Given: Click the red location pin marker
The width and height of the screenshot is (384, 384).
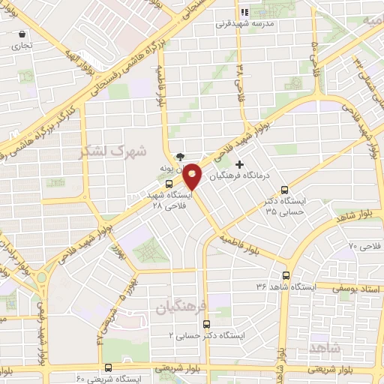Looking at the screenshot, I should pos(193,177).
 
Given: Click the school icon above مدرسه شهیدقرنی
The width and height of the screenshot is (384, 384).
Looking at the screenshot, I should pos(244,12).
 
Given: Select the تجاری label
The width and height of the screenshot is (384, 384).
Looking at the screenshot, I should pos(22,46).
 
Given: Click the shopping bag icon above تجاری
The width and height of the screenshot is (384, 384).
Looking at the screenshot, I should pos(22,34).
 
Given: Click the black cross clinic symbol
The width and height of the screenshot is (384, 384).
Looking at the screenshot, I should pos(239,164).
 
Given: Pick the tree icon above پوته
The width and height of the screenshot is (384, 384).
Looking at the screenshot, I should pos(180,157).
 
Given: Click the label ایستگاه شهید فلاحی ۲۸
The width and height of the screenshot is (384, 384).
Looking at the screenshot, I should pos(171,198).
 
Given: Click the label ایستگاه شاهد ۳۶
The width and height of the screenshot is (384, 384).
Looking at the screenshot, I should pos(284,286).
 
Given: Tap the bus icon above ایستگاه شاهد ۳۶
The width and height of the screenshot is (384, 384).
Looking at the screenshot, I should pos(284,275).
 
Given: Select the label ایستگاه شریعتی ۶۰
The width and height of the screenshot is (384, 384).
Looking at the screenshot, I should pos(81,379).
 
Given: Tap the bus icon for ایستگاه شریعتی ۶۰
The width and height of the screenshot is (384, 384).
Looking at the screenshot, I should pos(109,367).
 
